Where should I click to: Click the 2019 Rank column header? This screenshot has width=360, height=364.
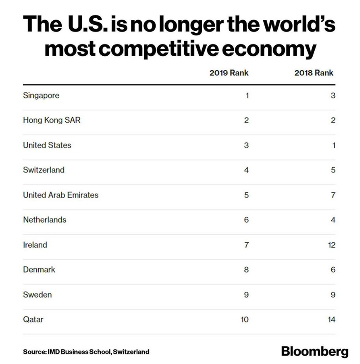229,73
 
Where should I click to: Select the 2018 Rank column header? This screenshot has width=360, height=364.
314,73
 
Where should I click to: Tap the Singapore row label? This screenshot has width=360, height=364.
41,96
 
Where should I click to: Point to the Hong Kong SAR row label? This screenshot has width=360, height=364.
52,121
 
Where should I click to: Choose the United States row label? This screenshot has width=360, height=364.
47,145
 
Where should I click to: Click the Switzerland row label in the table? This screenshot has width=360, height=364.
44,170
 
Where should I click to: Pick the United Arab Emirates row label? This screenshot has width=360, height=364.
61,195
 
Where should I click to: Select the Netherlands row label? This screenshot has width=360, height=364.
44,220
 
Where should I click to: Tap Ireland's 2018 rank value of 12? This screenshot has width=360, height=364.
331,245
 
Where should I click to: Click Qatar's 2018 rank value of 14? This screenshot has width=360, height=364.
331,320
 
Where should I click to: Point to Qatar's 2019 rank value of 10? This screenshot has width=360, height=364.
245,320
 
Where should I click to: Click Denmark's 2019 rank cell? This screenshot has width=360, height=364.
246,270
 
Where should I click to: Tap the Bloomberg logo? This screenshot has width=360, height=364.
315,351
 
